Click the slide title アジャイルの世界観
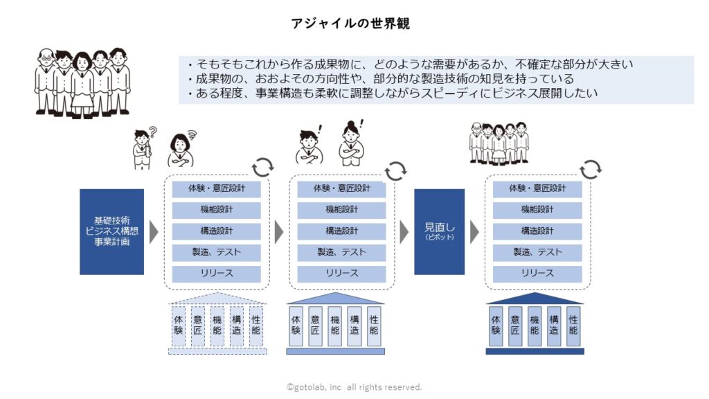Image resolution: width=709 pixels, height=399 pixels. [350, 23]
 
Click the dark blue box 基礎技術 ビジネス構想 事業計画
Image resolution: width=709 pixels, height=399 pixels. [111, 231]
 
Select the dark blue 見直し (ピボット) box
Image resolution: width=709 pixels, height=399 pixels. [439, 231]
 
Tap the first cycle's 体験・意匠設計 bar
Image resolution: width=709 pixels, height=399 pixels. [216, 188]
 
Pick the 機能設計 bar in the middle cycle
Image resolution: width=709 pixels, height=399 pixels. [341, 210]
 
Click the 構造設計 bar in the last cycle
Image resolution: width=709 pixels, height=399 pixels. [537, 231]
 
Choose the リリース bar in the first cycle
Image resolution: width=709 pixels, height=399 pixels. [216, 274]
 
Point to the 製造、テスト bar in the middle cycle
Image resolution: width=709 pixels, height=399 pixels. [341, 252]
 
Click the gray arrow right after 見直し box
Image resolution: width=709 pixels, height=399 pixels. [474, 232]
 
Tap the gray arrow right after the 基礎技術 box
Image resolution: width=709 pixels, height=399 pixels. [154, 232]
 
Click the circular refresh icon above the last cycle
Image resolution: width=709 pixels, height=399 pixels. [591, 169]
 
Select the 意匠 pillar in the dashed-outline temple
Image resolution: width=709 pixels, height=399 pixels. [197, 326]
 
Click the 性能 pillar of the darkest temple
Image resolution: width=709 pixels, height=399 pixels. [573, 326]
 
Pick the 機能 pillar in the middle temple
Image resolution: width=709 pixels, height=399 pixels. [334, 326]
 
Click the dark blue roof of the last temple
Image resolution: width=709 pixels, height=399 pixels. [535, 299]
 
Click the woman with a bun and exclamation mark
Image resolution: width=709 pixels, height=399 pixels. [351, 143]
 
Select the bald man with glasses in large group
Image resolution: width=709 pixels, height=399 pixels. [46, 82]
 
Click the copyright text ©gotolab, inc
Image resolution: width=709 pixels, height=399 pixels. [314, 387]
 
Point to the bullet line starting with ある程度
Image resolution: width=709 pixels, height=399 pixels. [393, 94]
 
